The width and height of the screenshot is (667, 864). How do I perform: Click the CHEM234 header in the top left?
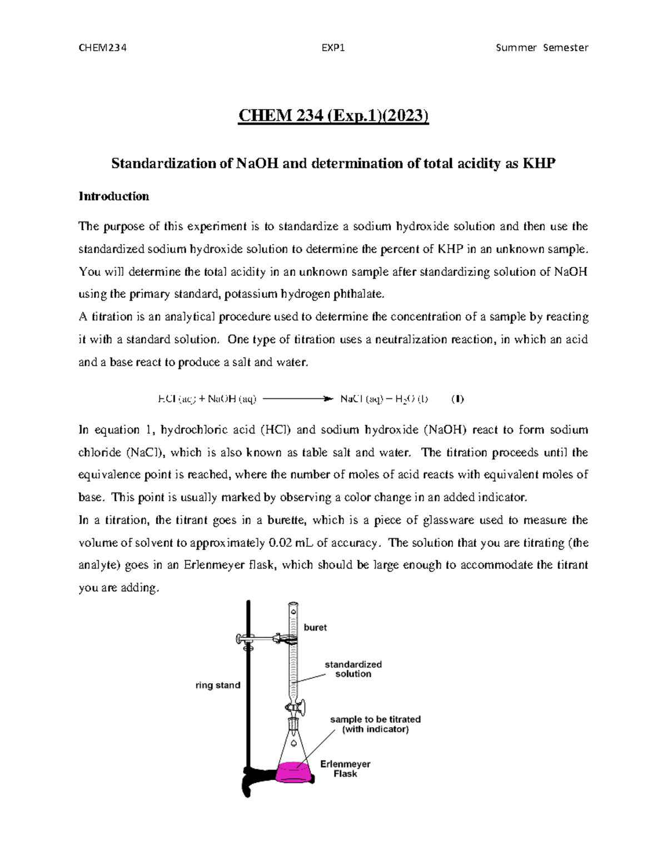[103, 47]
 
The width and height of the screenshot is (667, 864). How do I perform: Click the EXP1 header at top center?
[333, 47]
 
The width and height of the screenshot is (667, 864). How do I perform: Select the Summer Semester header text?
[541, 47]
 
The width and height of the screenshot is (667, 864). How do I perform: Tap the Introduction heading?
[113, 196]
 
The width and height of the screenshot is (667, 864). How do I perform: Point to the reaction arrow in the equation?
[297, 398]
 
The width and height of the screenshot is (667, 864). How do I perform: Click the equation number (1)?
[457, 398]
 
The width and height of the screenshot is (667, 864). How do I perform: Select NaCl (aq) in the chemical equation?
[361, 398]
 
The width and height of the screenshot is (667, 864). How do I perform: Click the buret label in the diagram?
[315, 628]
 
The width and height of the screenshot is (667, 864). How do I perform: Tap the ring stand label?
[218, 685]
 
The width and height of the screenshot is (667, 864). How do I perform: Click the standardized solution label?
[353, 669]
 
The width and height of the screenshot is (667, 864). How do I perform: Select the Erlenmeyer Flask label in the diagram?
[345, 769]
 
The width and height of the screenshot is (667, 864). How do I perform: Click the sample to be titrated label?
[375, 724]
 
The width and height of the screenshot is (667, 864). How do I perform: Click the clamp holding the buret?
[261, 640]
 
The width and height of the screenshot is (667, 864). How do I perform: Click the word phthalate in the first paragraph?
[358, 294]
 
